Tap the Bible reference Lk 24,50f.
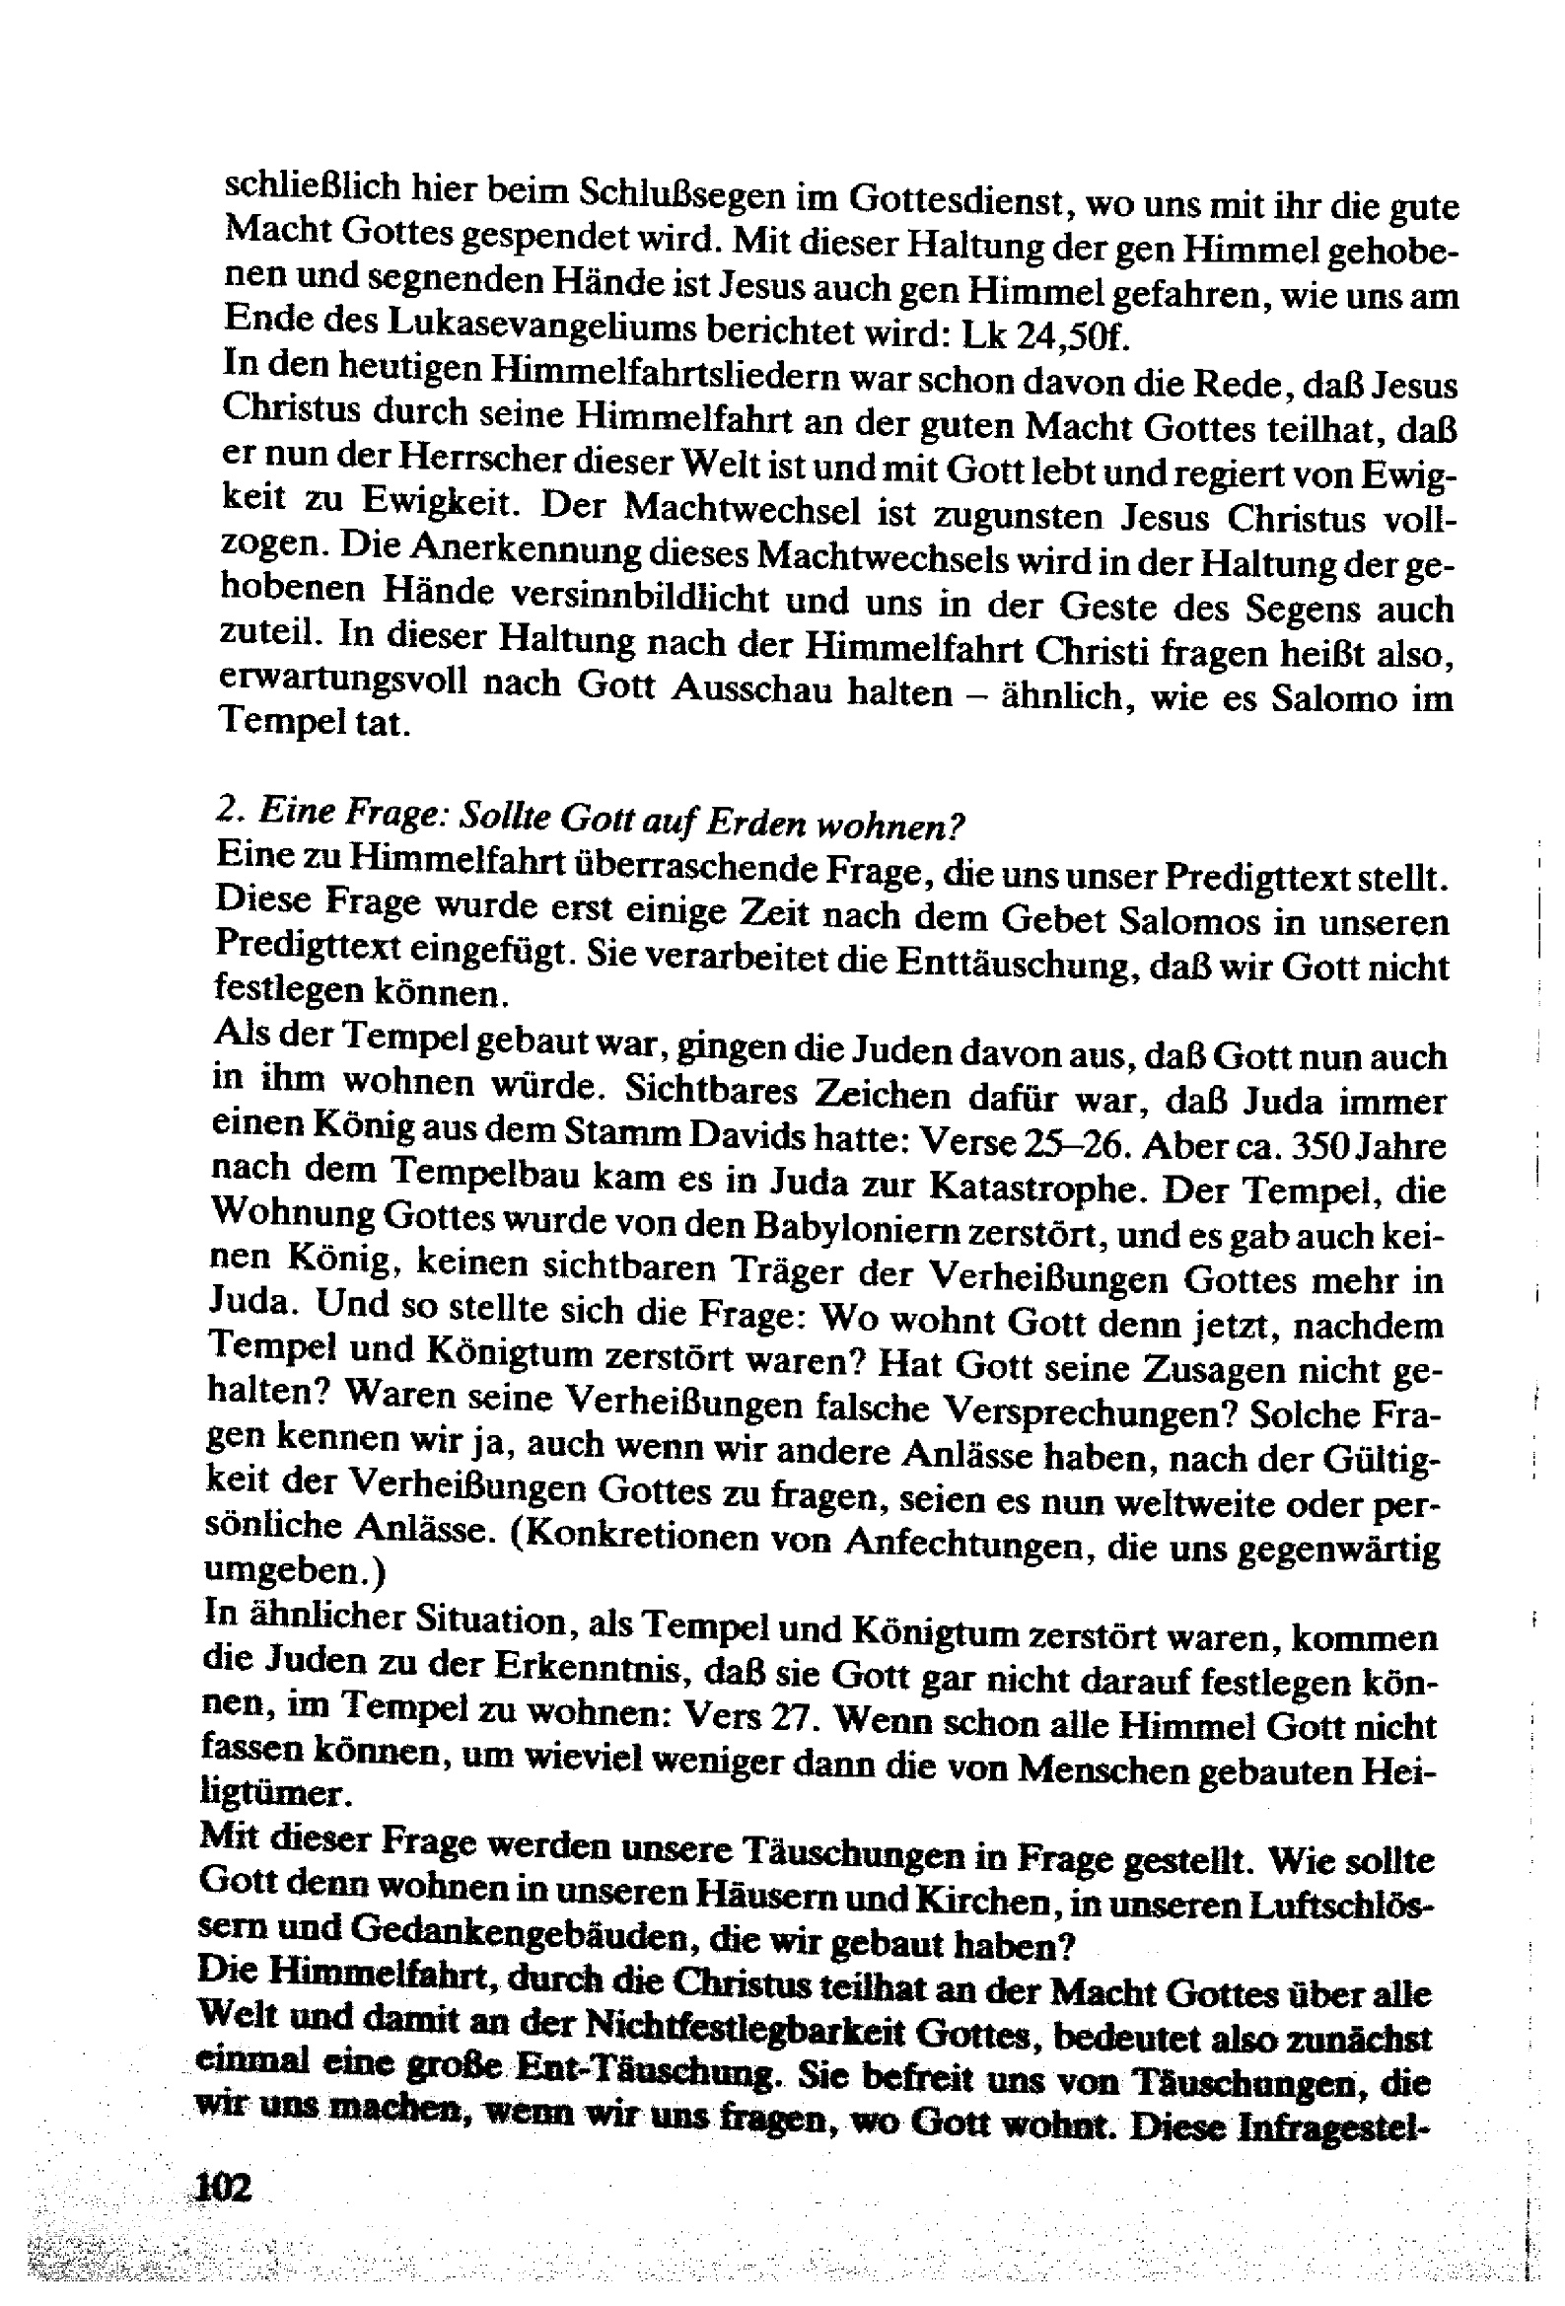(1046, 334)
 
